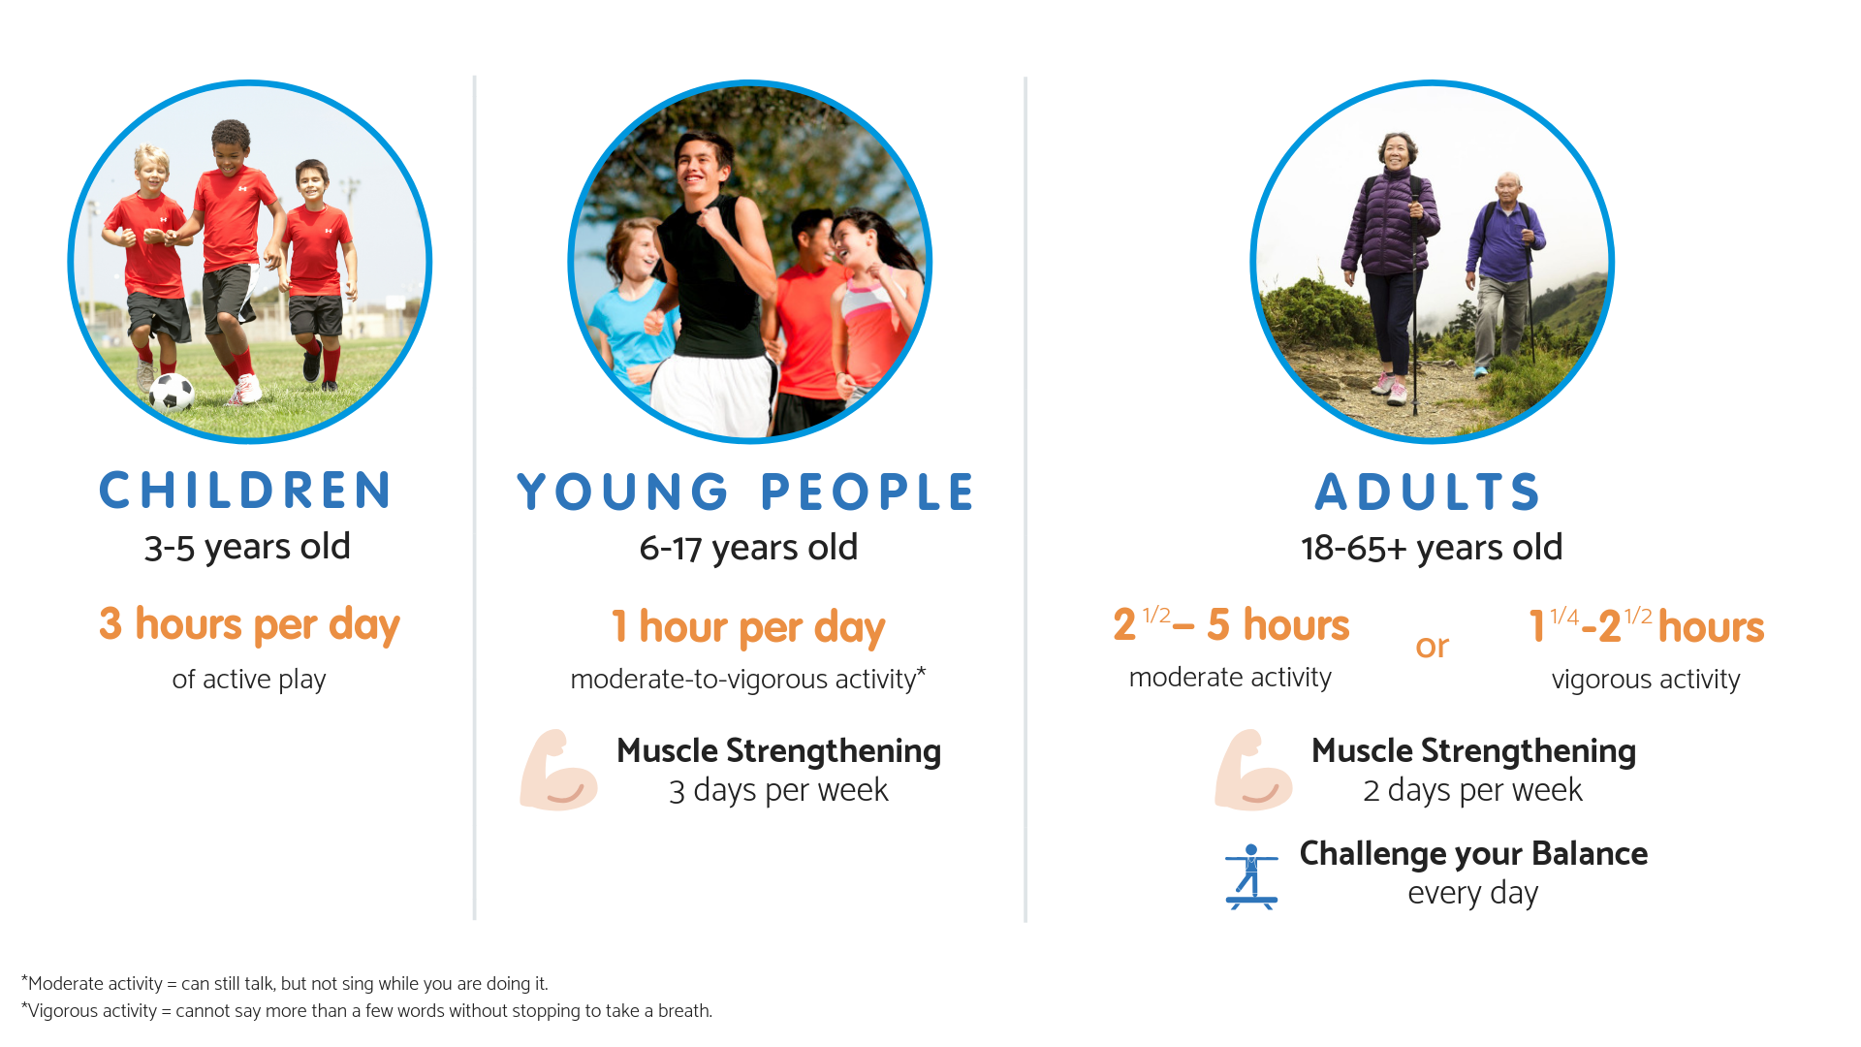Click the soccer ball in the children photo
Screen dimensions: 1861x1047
point(173,392)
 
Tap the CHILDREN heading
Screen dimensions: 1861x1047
point(246,491)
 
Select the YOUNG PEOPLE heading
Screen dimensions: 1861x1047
point(745,492)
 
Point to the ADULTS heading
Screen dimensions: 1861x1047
point(1428,492)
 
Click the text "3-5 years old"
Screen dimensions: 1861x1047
point(247,548)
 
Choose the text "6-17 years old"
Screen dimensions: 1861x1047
point(748,549)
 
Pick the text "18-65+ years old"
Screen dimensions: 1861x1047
point(1432,549)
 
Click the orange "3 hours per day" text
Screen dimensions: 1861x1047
point(249,625)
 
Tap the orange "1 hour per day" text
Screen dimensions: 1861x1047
point(748,627)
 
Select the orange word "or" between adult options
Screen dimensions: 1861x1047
point(1432,647)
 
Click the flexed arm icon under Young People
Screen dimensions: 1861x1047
point(558,770)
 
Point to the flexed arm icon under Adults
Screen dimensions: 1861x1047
point(1253,770)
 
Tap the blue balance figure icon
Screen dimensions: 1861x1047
point(1251,876)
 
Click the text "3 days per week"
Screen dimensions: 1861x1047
point(778,791)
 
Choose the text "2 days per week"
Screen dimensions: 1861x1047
point(1472,791)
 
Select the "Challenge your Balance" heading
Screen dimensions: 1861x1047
point(1473,854)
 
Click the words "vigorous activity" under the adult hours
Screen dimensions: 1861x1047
point(1646,680)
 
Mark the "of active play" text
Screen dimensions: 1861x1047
point(249,680)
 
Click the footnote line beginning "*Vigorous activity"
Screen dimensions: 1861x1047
point(366,1011)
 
